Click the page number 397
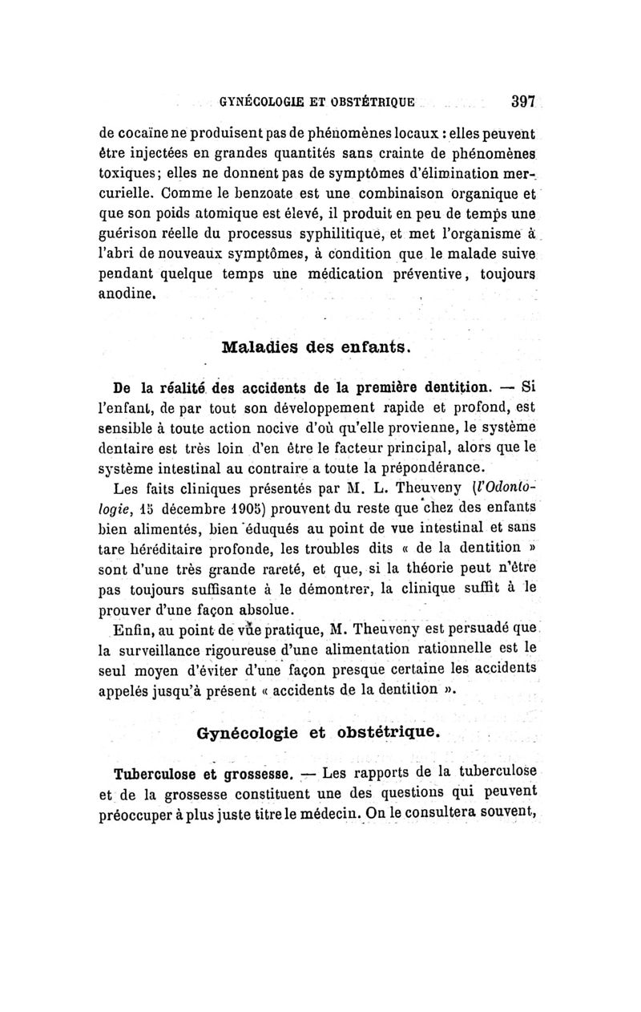tap(522, 103)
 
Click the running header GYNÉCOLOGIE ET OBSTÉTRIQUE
tap(317, 103)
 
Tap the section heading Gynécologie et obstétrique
tap(317, 733)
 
